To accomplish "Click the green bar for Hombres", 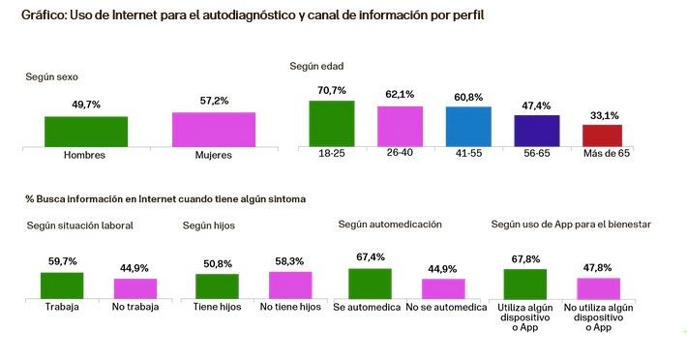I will (x=86, y=130).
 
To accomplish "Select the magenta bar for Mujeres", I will (x=214, y=128).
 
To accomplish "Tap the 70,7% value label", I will (x=331, y=91).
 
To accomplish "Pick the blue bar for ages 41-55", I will (x=468, y=125).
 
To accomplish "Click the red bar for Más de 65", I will (x=602, y=134).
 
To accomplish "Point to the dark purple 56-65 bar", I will (x=537, y=129).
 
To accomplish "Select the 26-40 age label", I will (x=400, y=154).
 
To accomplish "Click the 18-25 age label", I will (x=331, y=154).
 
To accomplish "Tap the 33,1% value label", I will (x=602, y=115).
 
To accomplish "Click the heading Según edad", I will (x=316, y=66).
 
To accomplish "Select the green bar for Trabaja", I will (x=62, y=285).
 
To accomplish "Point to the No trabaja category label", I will (x=135, y=308).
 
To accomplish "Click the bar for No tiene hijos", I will (x=291, y=285).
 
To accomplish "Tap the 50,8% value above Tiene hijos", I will (x=217, y=263).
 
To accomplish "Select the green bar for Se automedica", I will (x=370, y=283).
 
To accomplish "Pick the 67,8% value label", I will (x=525, y=258).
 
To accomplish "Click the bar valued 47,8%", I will (x=598, y=288).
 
